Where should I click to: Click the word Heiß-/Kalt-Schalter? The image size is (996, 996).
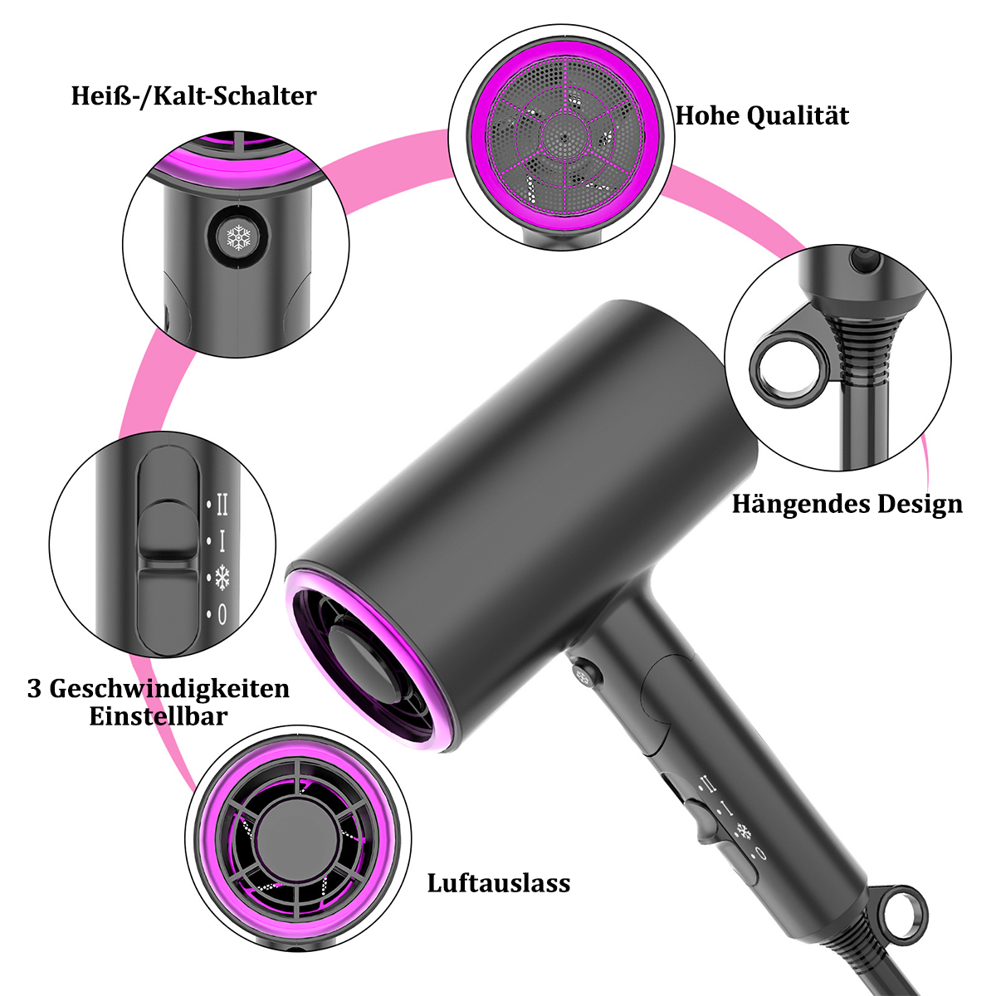coord(194,96)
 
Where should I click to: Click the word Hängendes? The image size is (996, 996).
coord(799,505)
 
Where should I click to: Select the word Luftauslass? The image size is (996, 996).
coord(499,883)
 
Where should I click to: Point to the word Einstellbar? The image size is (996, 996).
coord(159,717)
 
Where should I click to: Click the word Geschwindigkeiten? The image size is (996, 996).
coord(169,690)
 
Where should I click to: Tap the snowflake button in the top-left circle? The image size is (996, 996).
coord(238,237)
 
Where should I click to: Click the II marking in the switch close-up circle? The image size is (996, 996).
coord(222,504)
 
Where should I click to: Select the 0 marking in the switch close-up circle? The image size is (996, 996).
coord(222,614)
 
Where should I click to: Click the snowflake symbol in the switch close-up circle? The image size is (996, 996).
coord(222,578)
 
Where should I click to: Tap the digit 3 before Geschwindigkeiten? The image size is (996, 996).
coord(34,690)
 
